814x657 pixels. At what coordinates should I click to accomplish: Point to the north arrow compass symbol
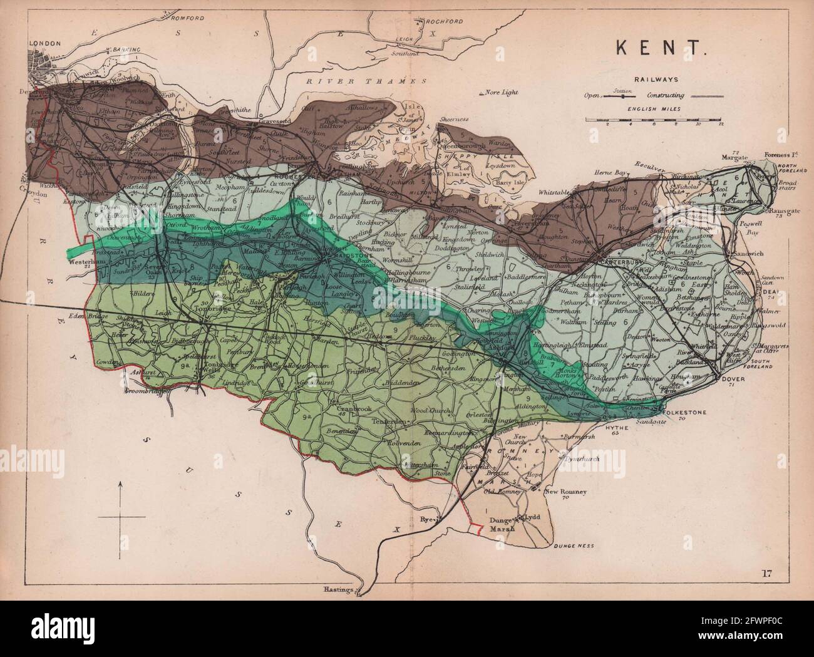[119, 516]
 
